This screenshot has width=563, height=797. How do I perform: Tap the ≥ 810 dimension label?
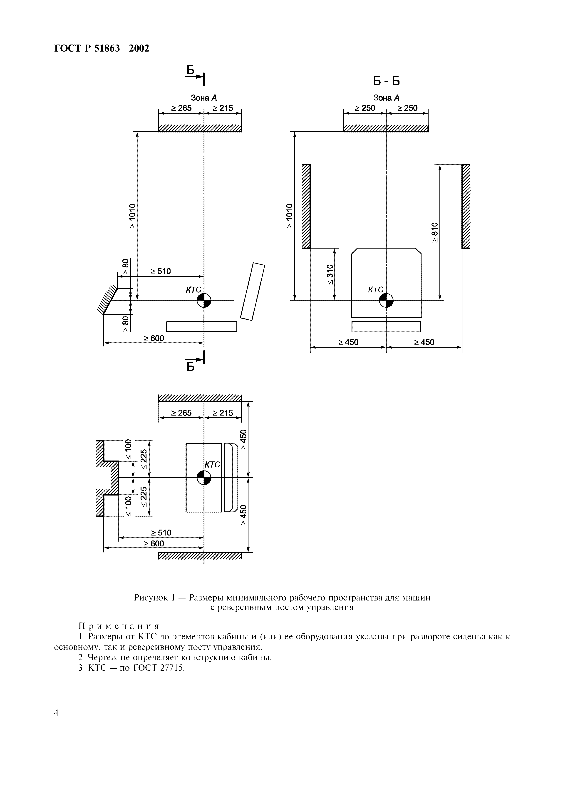435,233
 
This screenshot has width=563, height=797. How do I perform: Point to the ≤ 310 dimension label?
330,274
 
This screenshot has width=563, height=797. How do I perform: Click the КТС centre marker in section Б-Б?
386,300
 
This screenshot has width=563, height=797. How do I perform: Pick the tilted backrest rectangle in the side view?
253,291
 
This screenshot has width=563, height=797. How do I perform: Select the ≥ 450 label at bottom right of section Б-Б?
424,342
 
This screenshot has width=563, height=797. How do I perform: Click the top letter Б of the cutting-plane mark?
191,70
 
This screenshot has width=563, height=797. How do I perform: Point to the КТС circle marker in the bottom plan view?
204,478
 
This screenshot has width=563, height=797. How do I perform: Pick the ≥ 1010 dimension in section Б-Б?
290,216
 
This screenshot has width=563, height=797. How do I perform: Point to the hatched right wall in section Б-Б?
466,206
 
